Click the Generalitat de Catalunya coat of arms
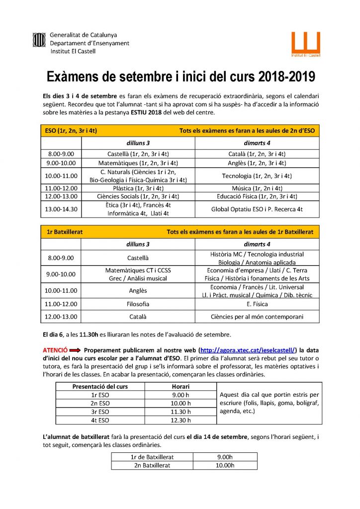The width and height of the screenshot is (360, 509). point(39,39)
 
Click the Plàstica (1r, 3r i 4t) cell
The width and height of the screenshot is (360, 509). point(138,188)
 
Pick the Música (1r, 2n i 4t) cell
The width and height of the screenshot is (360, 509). point(257,188)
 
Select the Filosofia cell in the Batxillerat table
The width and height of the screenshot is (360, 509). point(138,304)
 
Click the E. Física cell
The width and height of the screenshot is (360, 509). point(257,304)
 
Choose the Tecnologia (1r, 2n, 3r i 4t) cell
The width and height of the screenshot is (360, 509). point(257,176)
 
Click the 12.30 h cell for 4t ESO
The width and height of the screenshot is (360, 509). point(178,420)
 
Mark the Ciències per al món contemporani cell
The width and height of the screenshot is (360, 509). point(257,316)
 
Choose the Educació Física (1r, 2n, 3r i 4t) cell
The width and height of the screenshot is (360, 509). point(257,196)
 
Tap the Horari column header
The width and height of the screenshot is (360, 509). point(178,386)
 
